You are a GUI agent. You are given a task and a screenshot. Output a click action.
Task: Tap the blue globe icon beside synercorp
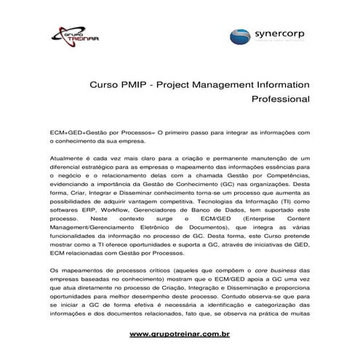pos(242,37)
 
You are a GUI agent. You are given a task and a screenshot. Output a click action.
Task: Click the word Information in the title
pos(281,84)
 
